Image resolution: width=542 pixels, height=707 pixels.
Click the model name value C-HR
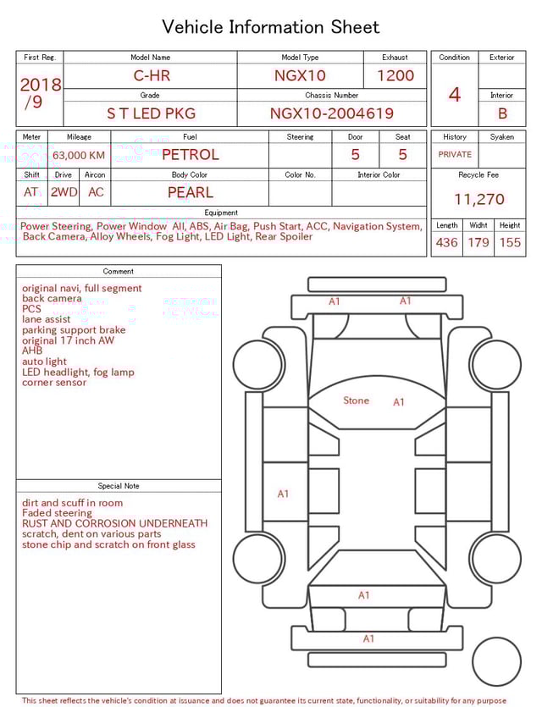(x=152, y=75)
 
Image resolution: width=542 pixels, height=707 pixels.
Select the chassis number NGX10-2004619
(x=331, y=113)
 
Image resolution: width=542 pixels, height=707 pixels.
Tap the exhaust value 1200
(x=395, y=75)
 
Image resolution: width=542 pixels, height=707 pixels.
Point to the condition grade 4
(x=455, y=94)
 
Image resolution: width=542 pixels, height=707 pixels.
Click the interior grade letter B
(x=501, y=113)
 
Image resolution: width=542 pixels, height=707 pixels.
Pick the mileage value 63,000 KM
(x=79, y=155)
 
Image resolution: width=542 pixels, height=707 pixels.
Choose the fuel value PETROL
(x=191, y=155)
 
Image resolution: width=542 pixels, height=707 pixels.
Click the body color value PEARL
(x=191, y=192)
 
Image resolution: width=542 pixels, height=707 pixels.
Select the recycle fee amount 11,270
(x=478, y=200)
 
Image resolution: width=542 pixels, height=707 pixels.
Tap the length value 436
(x=446, y=242)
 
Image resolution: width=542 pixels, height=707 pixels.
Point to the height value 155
(x=510, y=242)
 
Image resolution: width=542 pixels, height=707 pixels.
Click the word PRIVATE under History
(x=455, y=155)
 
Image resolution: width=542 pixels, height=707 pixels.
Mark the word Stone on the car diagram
(x=356, y=400)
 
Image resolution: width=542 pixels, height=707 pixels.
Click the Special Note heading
(x=119, y=486)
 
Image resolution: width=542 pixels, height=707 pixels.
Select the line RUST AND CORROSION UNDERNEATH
(x=114, y=524)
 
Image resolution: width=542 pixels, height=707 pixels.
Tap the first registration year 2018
(x=40, y=85)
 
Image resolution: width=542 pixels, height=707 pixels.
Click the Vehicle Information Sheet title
(x=271, y=27)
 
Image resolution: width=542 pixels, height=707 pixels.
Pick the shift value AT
(x=31, y=192)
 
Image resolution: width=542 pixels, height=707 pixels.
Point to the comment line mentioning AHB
(x=32, y=351)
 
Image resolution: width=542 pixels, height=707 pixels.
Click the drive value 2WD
(x=64, y=192)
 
